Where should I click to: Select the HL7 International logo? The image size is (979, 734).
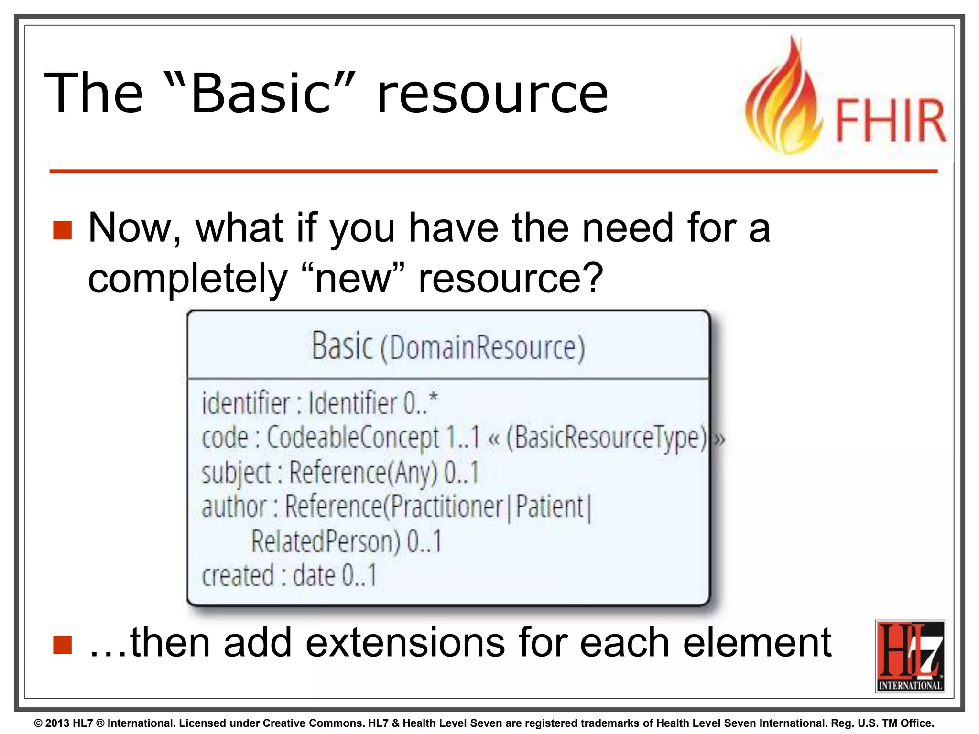pyautogui.click(x=910, y=656)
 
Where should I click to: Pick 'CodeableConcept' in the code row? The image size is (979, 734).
pyautogui.click(x=352, y=438)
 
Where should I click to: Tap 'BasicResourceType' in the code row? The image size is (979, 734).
pyautogui.click(x=606, y=438)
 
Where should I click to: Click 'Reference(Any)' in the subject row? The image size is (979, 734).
pyautogui.click(x=363, y=473)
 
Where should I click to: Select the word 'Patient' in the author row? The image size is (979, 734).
pyautogui.click(x=550, y=507)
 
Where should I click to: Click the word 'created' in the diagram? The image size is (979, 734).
pyautogui.click(x=238, y=576)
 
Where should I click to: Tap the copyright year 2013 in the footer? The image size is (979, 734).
pyautogui.click(x=57, y=723)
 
